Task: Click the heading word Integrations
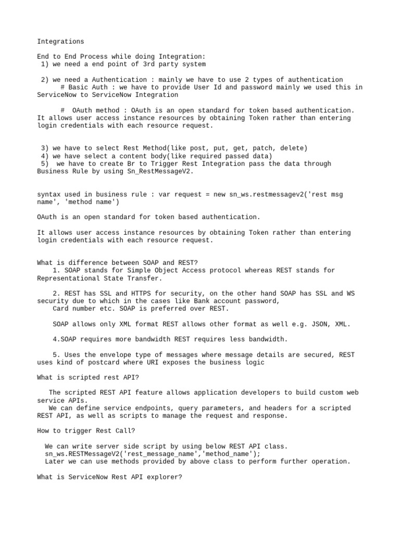[x=60, y=41]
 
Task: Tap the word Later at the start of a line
[x=55, y=461]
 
